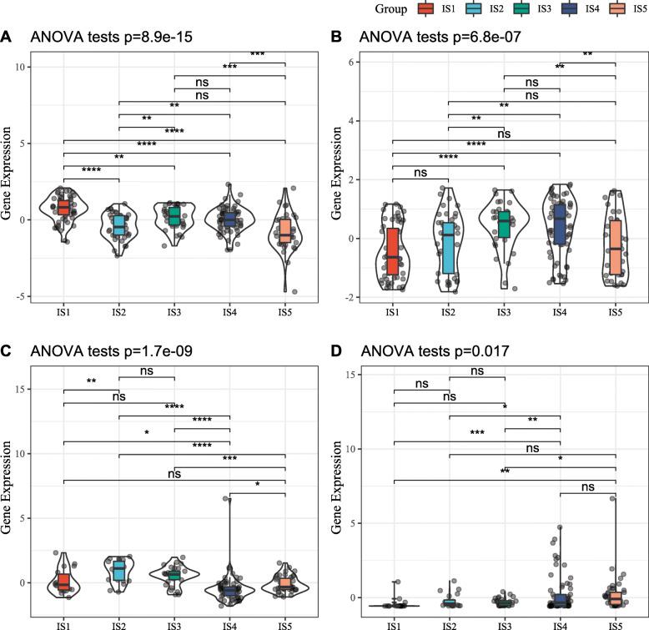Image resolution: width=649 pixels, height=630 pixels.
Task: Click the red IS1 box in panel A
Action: pyautogui.click(x=64, y=205)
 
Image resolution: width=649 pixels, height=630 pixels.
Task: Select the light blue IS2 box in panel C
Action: pyautogui.click(x=119, y=570)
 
